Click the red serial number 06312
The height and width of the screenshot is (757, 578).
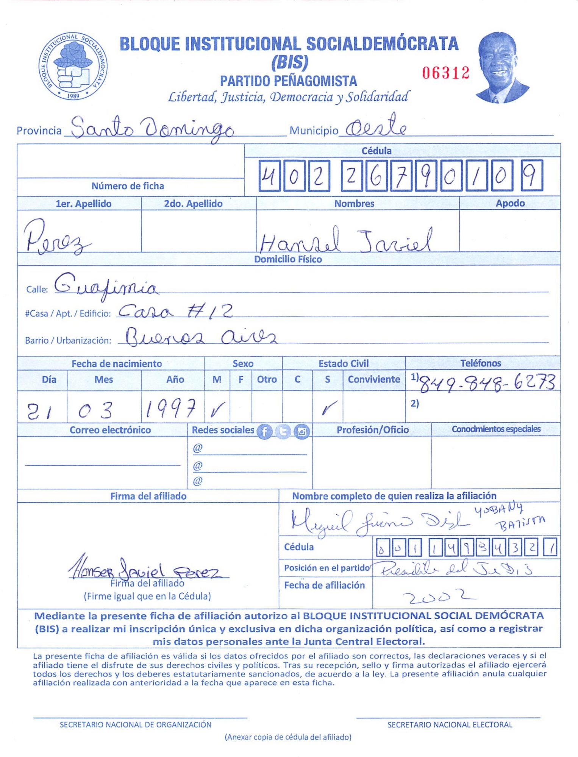(446, 73)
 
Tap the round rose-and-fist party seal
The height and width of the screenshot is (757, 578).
(73, 66)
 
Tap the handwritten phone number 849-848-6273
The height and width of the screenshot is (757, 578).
(488, 383)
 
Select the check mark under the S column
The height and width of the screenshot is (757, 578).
(328, 408)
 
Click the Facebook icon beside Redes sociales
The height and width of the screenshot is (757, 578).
(264, 431)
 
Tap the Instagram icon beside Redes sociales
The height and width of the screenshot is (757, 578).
(302, 431)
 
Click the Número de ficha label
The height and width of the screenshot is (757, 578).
(128, 186)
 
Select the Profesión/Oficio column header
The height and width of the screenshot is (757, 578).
(372, 430)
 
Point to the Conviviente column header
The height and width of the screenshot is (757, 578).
(374, 379)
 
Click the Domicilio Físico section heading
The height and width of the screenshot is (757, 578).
(288, 259)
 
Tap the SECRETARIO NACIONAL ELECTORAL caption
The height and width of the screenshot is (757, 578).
(450, 724)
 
